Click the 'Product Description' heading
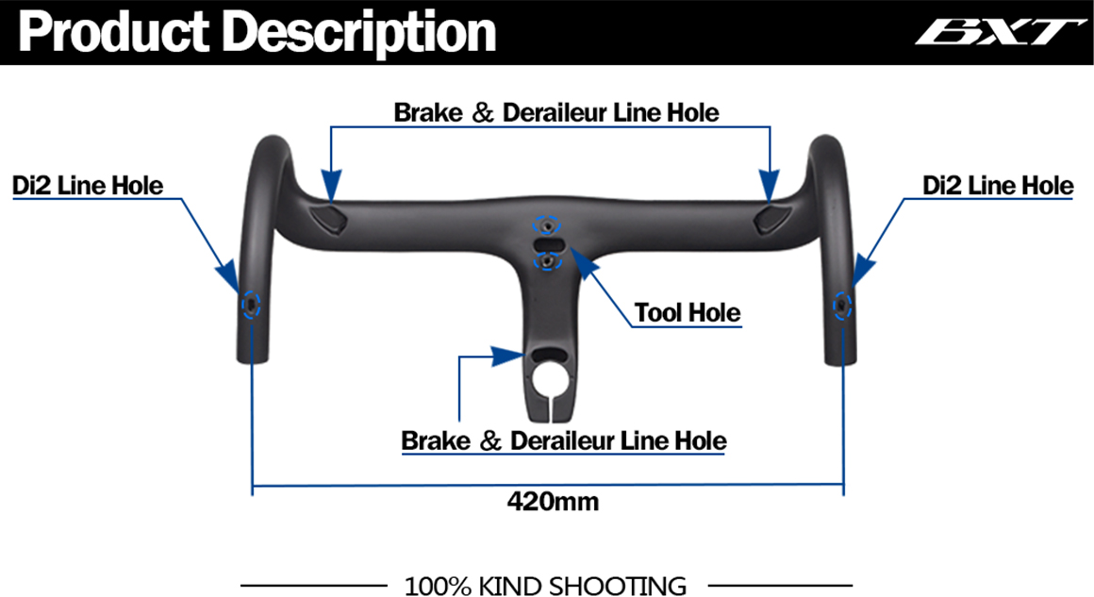point(257,32)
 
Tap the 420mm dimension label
point(553,502)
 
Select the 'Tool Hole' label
point(688,312)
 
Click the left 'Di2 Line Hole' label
point(88,186)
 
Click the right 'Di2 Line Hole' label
point(998,186)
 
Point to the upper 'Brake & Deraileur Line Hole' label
point(556,112)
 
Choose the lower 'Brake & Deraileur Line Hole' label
point(564,440)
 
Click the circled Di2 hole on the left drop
point(251,305)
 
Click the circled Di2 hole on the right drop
point(842,306)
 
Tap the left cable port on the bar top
point(329,218)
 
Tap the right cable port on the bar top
point(772,218)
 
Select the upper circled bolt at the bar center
point(547,226)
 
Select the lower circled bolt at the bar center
point(548,261)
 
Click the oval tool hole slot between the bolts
point(548,243)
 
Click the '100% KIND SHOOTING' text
point(546,586)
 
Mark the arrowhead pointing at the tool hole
point(586,264)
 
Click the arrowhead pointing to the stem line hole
point(507,356)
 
